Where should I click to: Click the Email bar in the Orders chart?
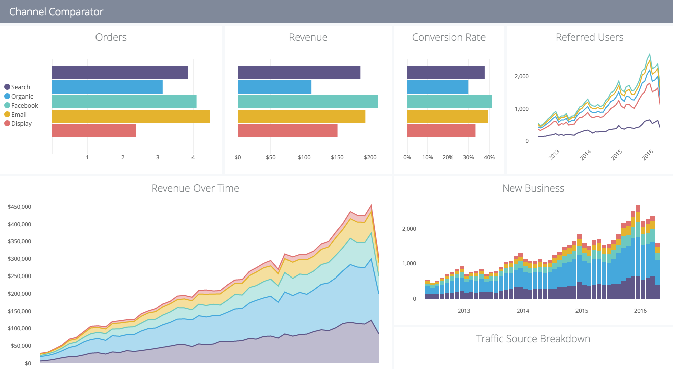pyautogui.click(x=131, y=116)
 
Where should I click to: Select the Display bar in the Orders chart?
pyautogui.click(x=94, y=131)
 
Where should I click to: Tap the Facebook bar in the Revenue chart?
pyautogui.click(x=308, y=102)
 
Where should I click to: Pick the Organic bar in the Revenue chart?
pyautogui.click(x=274, y=87)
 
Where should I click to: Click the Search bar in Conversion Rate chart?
pyautogui.click(x=445, y=72)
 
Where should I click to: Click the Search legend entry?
pyautogui.click(x=20, y=87)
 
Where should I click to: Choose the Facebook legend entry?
pyautogui.click(x=24, y=106)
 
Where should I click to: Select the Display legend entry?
pyautogui.click(x=21, y=124)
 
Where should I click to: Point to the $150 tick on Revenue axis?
pyautogui.click(x=337, y=158)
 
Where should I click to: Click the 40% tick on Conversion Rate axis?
pyautogui.click(x=489, y=158)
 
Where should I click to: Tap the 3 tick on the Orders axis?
pyautogui.click(x=158, y=158)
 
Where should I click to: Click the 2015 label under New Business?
pyautogui.click(x=582, y=311)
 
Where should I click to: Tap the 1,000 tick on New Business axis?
pyautogui.click(x=409, y=264)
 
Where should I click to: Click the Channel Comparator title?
pyautogui.click(x=56, y=12)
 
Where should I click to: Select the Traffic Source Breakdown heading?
pyautogui.click(x=533, y=339)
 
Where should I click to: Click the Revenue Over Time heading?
pyautogui.click(x=195, y=188)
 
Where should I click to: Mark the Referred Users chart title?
pyautogui.click(x=589, y=37)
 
